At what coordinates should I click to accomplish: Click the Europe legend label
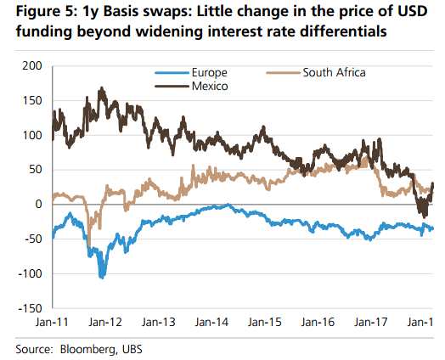click(210, 73)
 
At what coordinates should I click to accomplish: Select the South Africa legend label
click(334, 73)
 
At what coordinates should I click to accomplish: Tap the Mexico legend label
click(210, 86)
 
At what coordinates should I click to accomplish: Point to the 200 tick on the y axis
click(31, 66)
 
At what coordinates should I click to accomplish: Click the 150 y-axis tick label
click(31, 100)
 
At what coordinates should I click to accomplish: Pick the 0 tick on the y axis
click(38, 204)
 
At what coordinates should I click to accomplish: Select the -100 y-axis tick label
click(30, 273)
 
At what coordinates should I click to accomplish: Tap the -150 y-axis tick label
click(30, 308)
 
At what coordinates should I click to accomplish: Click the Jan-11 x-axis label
click(52, 323)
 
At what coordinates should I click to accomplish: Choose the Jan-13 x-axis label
click(159, 323)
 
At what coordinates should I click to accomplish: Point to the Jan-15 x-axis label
click(265, 323)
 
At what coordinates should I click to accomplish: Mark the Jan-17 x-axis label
click(371, 323)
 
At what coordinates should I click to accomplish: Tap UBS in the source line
click(132, 349)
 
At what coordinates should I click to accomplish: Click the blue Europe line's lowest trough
click(102, 278)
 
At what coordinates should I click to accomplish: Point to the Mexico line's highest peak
click(101, 88)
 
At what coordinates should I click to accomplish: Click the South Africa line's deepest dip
click(89, 245)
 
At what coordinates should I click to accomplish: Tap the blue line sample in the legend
click(172, 73)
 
